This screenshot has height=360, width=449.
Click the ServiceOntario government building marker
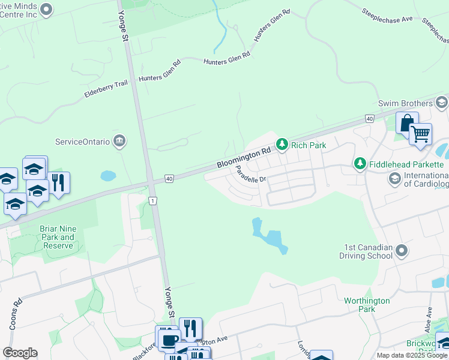click(x=119, y=142)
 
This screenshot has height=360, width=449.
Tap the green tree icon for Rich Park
click(x=282, y=144)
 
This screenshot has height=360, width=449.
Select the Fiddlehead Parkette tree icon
click(x=360, y=163)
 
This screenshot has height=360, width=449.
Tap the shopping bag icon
click(x=406, y=122)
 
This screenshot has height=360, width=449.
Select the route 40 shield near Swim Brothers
click(x=369, y=119)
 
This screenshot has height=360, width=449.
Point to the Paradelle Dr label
click(x=250, y=176)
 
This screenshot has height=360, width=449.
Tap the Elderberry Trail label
click(x=106, y=89)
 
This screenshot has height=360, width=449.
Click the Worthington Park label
click(x=367, y=305)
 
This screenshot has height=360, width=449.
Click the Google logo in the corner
click(x=20, y=353)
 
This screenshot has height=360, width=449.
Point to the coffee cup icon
click(x=167, y=339)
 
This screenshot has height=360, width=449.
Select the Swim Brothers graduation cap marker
click(x=441, y=103)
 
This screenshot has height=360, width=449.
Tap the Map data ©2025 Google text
click(x=412, y=355)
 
